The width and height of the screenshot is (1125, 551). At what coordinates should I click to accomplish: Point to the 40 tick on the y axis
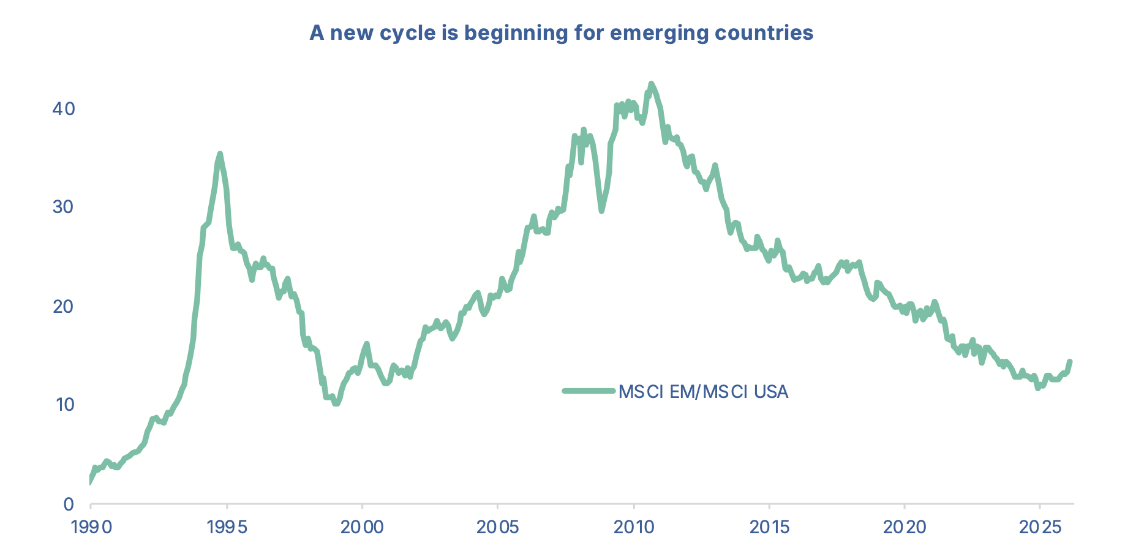point(64,109)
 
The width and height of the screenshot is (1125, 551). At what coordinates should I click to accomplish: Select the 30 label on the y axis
point(64,207)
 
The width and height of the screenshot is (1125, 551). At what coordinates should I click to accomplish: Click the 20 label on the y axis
point(64,306)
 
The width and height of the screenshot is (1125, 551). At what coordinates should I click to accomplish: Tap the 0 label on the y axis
point(69,504)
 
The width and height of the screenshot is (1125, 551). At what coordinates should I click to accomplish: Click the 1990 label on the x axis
point(91,527)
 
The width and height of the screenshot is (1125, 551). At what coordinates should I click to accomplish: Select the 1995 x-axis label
point(227,527)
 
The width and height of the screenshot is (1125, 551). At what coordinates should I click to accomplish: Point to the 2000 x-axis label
point(362,527)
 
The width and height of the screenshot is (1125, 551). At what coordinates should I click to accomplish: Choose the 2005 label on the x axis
point(497,527)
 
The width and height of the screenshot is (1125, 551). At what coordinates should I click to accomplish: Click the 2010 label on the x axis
point(633,527)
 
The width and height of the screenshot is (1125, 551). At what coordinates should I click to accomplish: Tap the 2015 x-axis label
point(769,527)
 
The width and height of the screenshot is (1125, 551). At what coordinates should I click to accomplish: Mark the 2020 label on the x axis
point(904,527)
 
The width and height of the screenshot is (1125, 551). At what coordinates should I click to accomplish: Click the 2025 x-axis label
point(1039,527)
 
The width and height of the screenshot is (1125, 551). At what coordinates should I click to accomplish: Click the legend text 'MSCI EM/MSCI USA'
point(703,391)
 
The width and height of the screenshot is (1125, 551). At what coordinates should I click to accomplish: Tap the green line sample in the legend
point(588,391)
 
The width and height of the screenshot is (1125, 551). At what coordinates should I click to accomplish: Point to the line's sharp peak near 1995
point(220,154)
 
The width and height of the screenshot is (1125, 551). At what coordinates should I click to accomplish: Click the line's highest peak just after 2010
point(651,84)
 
